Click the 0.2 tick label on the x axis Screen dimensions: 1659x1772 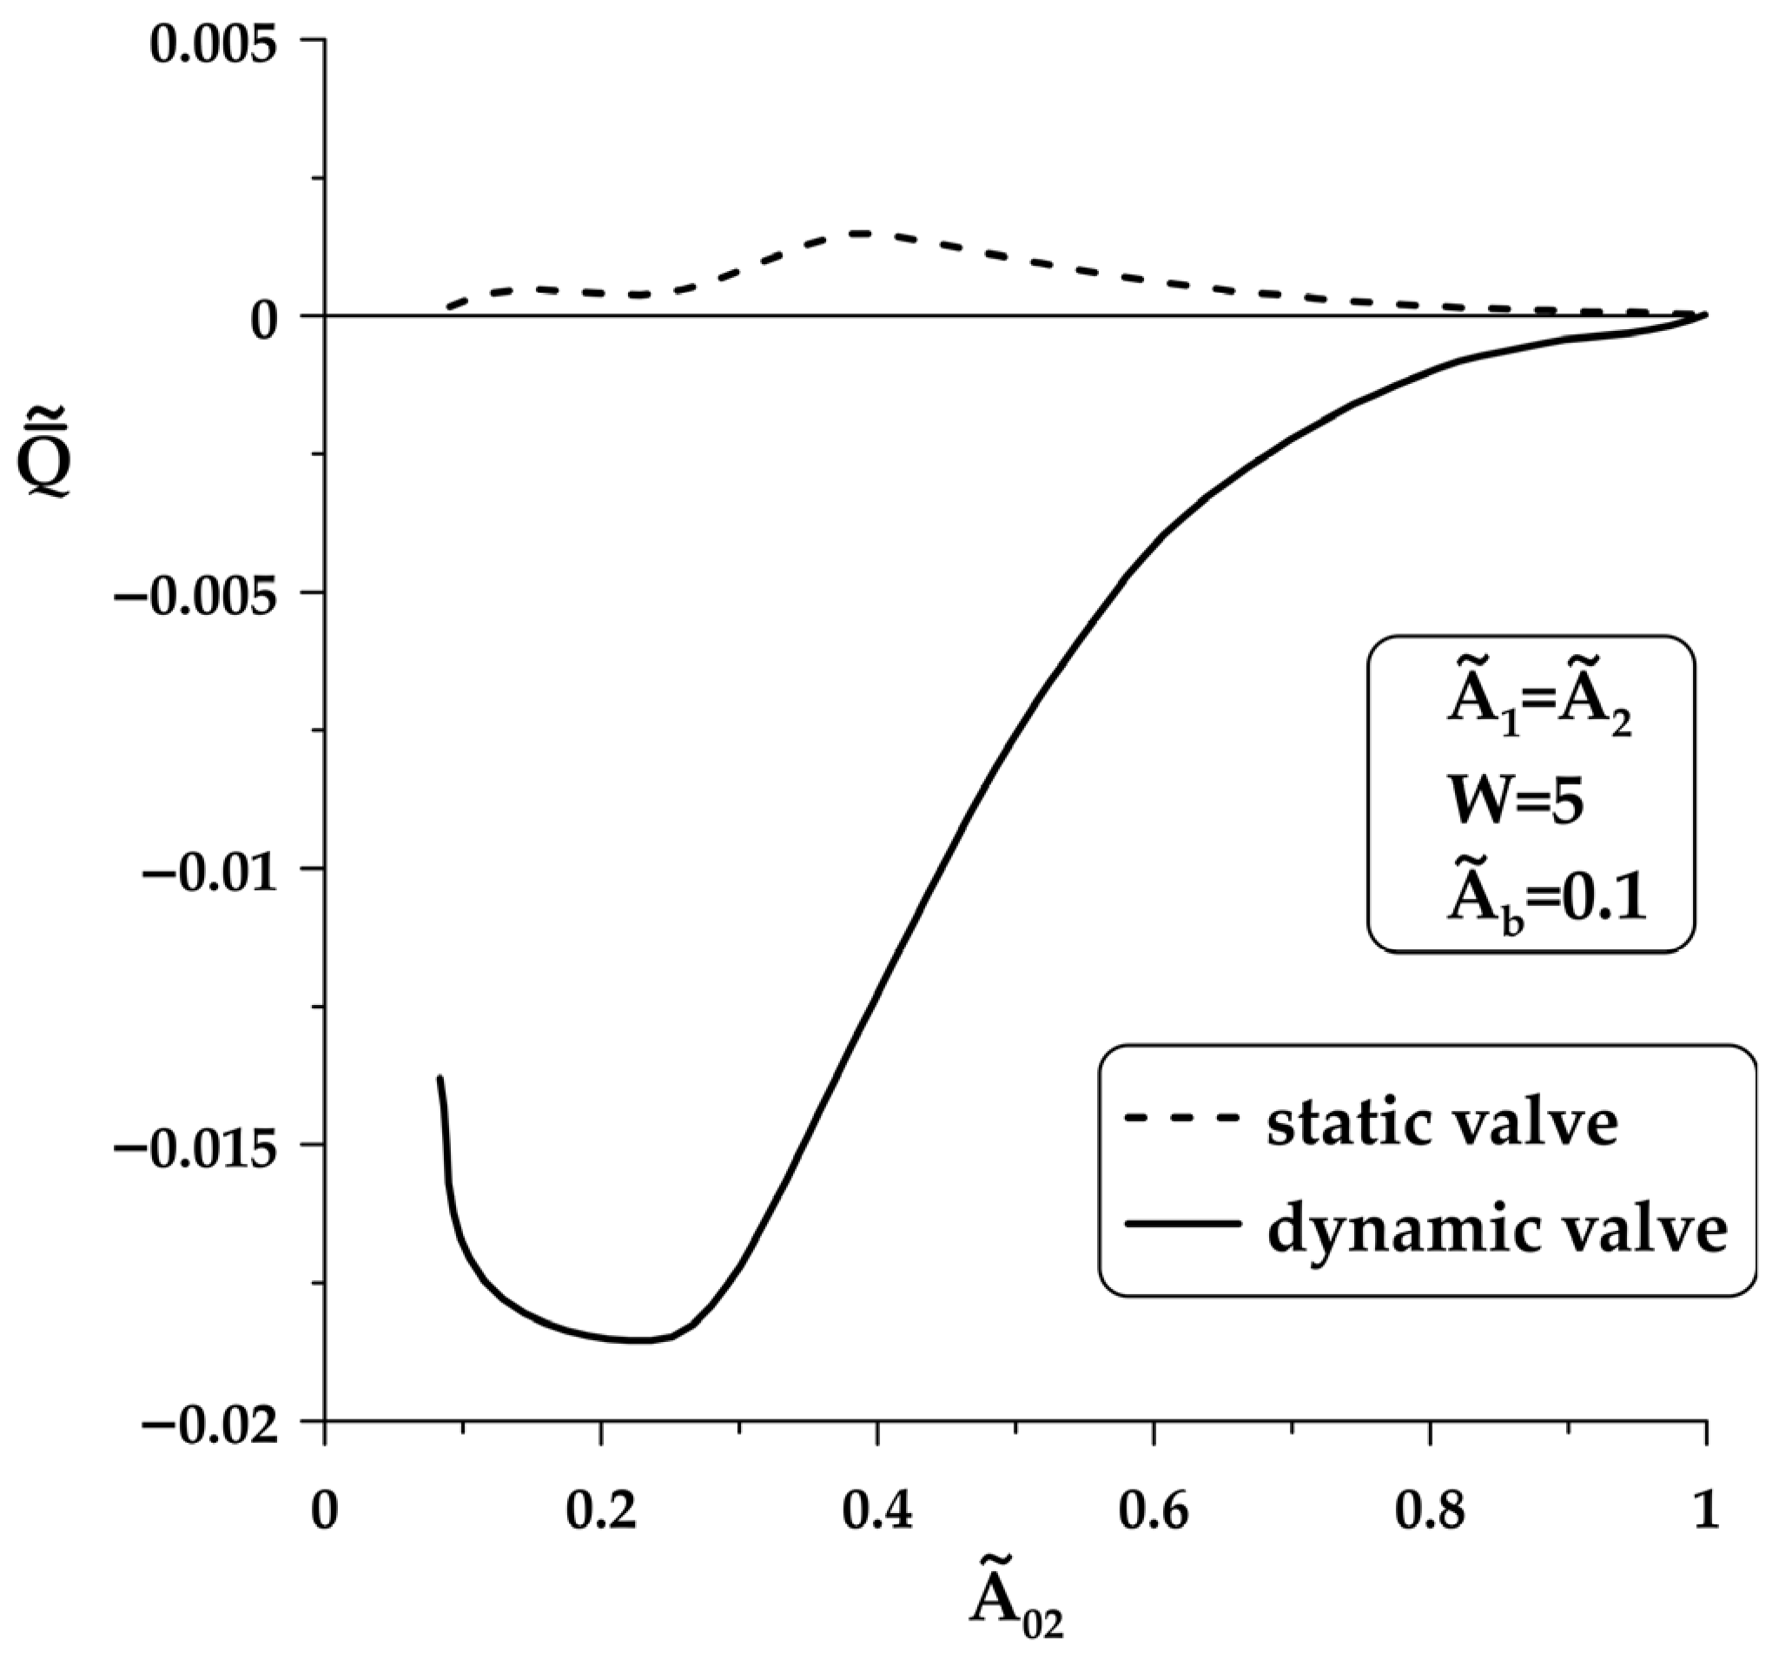click(602, 1513)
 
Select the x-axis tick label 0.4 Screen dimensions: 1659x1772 click(878, 1513)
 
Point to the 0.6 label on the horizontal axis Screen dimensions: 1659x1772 click(1154, 1513)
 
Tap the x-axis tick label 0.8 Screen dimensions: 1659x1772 click(1431, 1513)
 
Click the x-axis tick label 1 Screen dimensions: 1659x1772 click(1706, 1513)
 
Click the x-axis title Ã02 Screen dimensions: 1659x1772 click(1017, 1605)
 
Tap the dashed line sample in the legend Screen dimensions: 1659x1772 click(1183, 1117)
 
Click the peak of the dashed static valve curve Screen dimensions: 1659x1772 click(860, 234)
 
